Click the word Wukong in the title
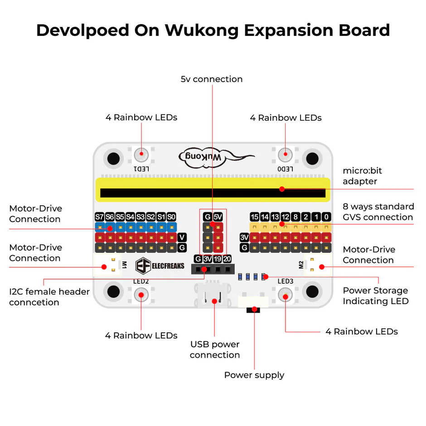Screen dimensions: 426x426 (x=202, y=30)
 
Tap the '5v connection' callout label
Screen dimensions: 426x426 (x=212, y=79)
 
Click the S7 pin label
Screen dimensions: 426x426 (x=99, y=217)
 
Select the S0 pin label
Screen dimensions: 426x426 (x=171, y=217)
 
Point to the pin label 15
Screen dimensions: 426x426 (x=254, y=217)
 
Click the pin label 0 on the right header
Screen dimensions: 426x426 (x=326, y=217)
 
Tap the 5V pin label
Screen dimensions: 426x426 (x=218, y=217)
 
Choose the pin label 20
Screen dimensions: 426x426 (x=227, y=259)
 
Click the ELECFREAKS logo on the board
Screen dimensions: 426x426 (x=160, y=266)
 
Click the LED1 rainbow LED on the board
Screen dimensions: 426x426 (x=141, y=155)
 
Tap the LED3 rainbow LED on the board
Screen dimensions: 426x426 (x=285, y=296)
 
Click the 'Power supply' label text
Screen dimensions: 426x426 (x=254, y=375)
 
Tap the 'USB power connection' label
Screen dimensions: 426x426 (x=215, y=350)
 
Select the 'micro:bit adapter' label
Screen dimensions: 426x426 (x=362, y=176)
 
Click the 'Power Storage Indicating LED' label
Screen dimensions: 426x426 (x=375, y=296)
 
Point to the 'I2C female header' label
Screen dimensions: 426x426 (x=49, y=297)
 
